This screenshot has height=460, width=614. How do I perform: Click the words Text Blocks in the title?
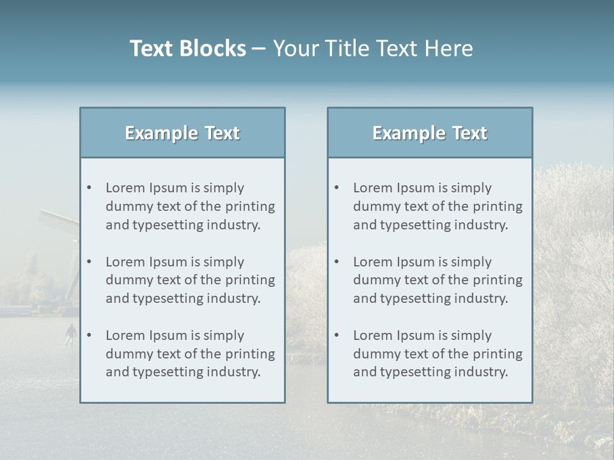(187, 49)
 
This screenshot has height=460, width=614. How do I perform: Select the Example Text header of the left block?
(182, 133)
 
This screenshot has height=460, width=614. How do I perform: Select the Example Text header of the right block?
(430, 133)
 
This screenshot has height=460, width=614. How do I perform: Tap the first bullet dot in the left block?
(89, 188)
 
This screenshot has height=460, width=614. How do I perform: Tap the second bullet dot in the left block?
(89, 262)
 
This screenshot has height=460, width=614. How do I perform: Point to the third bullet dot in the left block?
(89, 335)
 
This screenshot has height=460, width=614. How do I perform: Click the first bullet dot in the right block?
(336, 188)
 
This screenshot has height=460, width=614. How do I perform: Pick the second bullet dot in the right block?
(336, 262)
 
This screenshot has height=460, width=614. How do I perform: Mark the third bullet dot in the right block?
(336, 335)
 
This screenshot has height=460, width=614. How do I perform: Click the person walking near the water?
(70, 333)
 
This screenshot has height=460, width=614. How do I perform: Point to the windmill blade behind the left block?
(58, 220)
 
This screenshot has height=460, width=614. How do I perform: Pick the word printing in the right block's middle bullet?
(498, 280)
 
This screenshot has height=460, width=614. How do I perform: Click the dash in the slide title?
(259, 49)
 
